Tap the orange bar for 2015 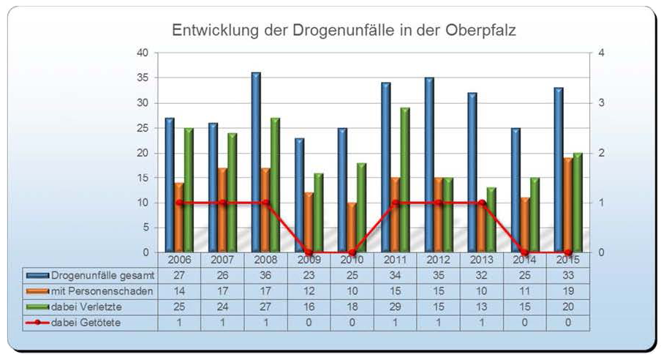(568, 205)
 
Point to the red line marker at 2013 (482, 203)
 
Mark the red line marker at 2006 (180, 203)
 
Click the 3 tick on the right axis (600, 102)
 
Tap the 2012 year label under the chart (439, 260)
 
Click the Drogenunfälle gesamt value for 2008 (265, 276)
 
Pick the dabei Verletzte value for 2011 (395, 306)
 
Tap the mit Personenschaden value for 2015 (567, 290)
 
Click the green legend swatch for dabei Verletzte (38, 306)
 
